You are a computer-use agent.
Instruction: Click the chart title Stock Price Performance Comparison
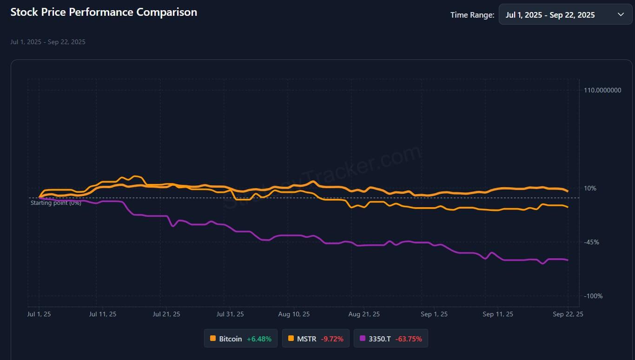104,13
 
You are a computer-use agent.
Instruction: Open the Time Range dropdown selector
565,14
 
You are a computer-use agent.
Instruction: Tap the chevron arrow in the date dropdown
621,14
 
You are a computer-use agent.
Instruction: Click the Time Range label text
472,15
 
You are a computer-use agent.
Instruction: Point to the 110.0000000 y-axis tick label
602,90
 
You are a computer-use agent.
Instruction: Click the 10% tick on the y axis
590,188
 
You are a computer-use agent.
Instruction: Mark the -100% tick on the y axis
593,296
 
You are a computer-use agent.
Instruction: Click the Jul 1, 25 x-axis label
39,314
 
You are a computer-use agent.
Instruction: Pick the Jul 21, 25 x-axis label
166,314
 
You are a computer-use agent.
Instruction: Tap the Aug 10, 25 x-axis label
294,314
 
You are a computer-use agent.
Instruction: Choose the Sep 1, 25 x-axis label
434,314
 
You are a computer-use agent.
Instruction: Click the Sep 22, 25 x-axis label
567,314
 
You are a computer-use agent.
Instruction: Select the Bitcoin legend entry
241,339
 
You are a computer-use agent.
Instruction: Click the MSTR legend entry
316,339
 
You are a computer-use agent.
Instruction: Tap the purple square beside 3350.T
363,339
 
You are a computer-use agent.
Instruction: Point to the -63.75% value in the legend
409,339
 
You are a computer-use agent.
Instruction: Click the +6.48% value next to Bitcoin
259,339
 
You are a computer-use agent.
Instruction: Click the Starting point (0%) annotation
56,203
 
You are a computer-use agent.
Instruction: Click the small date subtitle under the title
48,42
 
